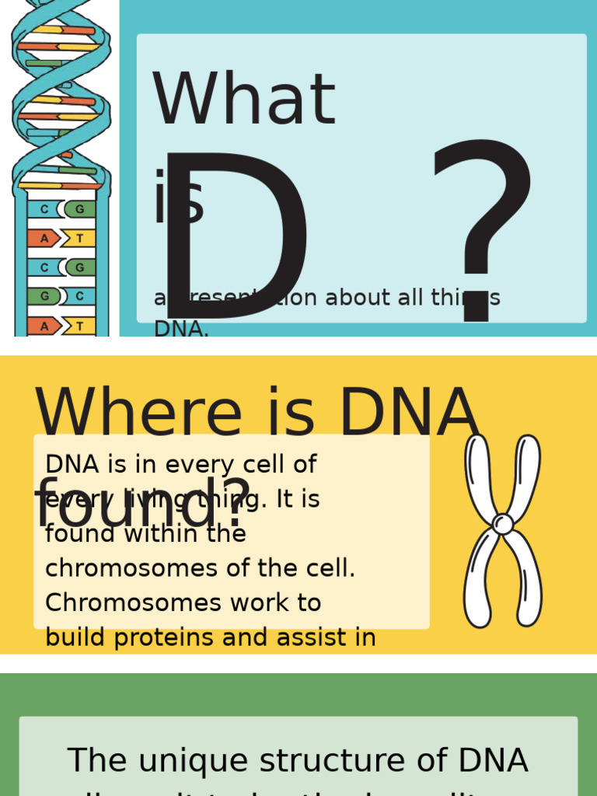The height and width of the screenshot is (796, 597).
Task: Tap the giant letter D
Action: tap(233, 233)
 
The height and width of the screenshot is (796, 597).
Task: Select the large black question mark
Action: tap(482, 225)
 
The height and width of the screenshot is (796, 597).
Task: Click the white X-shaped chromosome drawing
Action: tap(502, 531)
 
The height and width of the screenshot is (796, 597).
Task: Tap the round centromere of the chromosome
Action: tap(503, 524)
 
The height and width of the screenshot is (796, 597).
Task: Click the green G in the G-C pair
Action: tap(44, 296)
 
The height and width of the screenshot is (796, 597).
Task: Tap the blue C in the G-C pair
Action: tap(79, 296)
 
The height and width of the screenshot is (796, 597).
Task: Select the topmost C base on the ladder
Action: tap(44, 209)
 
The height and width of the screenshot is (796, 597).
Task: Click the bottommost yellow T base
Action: tap(79, 326)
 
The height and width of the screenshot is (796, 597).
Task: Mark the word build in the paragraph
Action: tap(73, 637)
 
